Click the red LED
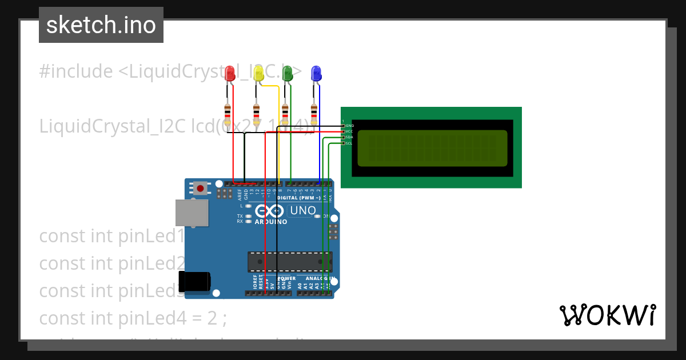(230, 73)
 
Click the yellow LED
(258, 73)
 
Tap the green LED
(287, 73)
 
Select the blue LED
(316, 73)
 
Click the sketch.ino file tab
(101, 25)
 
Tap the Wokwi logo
(607, 315)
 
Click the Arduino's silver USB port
(191, 213)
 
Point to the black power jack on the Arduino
(194, 282)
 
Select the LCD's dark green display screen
(432, 148)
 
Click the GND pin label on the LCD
(349, 125)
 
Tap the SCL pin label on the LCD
(349, 143)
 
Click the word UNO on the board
(303, 210)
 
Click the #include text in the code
(76, 71)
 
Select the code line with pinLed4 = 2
(133, 318)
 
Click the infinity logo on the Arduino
(270, 210)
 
